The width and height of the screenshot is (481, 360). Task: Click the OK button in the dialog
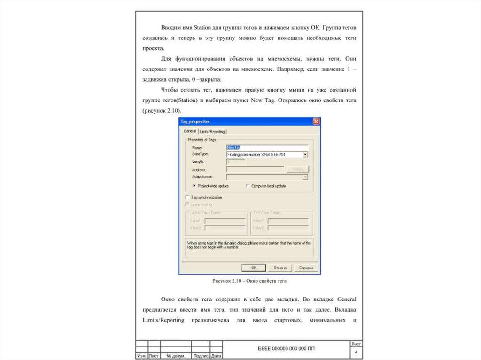[254, 268]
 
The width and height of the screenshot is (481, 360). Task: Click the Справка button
[306, 268]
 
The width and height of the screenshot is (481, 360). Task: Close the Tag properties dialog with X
[316, 122]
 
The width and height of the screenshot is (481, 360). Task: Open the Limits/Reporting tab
[212, 131]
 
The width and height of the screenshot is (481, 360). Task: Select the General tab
[190, 131]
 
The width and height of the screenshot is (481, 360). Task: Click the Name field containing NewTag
[267, 147]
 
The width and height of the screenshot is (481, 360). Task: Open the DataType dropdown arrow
[305, 154]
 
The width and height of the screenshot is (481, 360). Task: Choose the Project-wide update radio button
[194, 186]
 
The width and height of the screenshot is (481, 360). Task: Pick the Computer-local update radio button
[248, 186]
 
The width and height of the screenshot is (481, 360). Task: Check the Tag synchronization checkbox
[187, 198]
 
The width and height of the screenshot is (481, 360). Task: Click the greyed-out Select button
[298, 169]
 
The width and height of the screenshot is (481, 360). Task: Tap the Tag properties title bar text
[196, 122]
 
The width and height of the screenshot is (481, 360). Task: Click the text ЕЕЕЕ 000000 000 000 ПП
[287, 349]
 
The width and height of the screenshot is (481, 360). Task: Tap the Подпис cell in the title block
[201, 356]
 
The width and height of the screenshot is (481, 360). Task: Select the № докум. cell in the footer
[176, 356]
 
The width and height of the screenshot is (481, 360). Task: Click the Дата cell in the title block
[216, 356]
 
